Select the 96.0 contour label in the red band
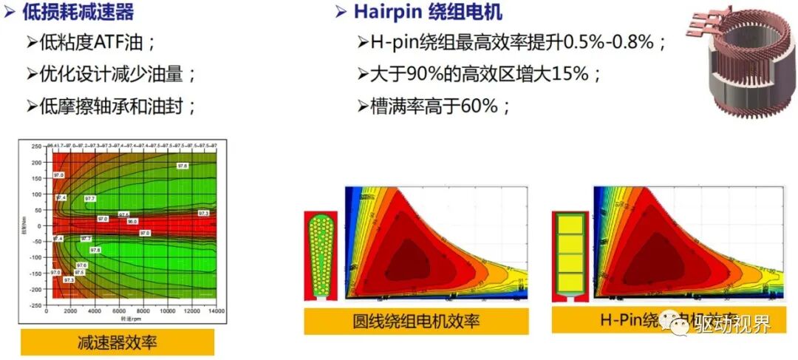pos(132,221)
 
